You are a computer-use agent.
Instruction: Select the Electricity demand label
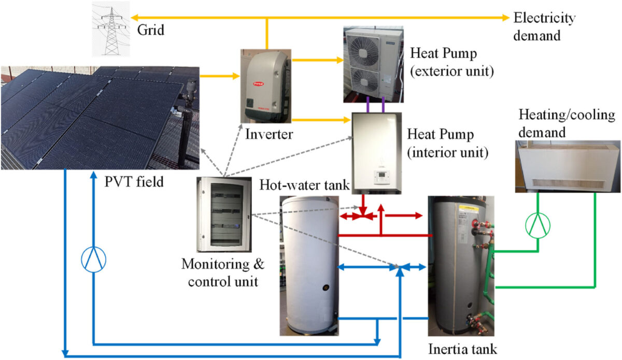(544, 27)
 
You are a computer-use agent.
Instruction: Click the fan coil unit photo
(568, 166)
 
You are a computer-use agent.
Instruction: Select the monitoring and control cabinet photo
(224, 214)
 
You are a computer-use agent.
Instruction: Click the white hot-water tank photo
(309, 265)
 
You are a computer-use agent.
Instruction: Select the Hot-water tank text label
(305, 184)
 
